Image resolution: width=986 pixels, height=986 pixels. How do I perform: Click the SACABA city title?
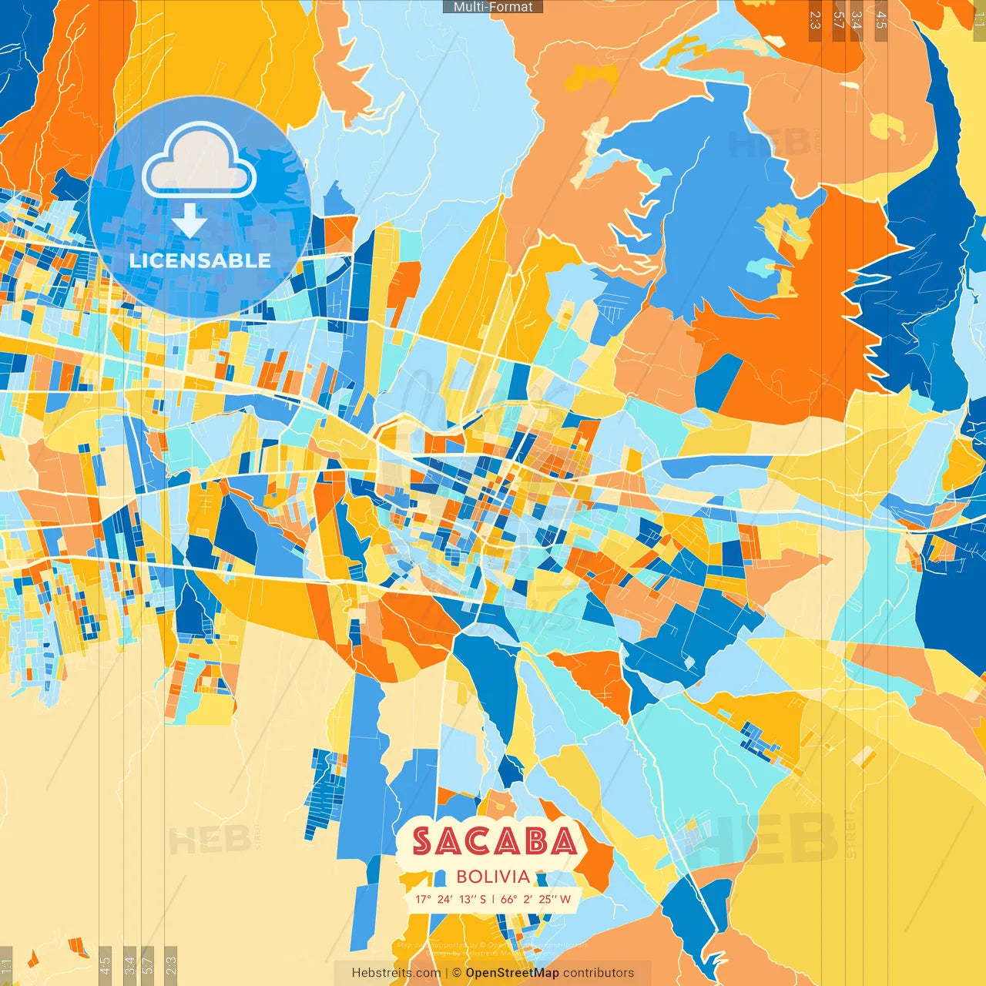click(494, 841)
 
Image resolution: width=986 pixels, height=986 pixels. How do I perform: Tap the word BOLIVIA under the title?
click(493, 877)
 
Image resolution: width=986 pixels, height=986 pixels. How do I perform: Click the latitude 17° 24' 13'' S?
click(451, 899)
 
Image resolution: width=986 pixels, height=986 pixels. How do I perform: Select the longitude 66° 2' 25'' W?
click(536, 899)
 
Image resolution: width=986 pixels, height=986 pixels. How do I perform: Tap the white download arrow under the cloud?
click(189, 220)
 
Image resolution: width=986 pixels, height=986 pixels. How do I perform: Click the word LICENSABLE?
click(200, 260)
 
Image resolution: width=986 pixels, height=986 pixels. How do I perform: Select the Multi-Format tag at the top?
click(493, 7)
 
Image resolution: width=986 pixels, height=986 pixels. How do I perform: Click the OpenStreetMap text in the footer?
click(512, 973)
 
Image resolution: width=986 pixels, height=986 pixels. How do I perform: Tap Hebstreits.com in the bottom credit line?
click(396, 973)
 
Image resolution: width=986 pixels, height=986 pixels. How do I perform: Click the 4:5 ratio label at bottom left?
click(105, 964)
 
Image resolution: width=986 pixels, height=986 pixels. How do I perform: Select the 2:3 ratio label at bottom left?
click(171, 964)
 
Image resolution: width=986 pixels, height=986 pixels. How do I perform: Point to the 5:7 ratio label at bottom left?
click(147, 964)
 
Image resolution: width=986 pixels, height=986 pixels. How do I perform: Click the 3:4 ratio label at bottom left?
click(129, 964)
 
